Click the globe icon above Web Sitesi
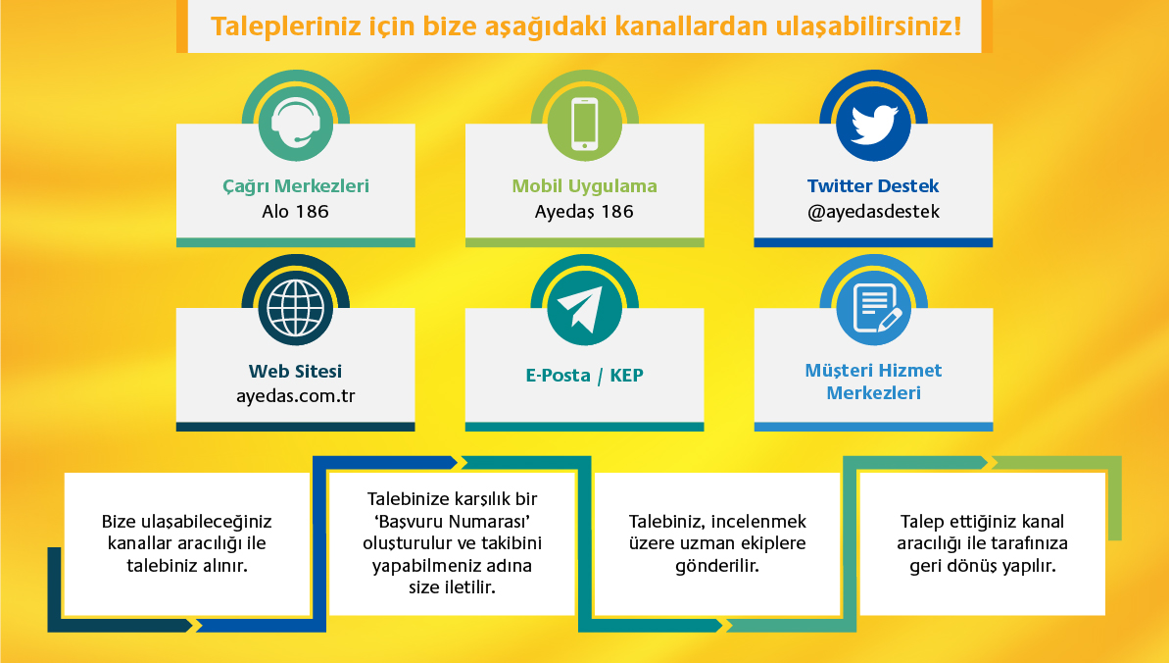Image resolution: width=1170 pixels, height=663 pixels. (x=295, y=308)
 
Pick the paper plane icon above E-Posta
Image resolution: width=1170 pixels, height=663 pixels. (x=584, y=308)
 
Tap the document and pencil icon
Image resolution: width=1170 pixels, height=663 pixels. (x=873, y=308)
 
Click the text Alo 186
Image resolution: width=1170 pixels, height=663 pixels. (x=295, y=211)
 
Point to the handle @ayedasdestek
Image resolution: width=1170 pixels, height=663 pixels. (x=873, y=211)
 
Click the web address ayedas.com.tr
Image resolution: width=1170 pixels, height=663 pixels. (x=295, y=395)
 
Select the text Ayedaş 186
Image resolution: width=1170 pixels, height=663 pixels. (x=584, y=211)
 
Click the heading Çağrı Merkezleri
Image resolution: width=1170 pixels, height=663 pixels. (x=295, y=186)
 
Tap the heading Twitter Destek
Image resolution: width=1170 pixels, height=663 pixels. (x=873, y=186)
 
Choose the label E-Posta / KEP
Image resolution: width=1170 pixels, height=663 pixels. (x=584, y=375)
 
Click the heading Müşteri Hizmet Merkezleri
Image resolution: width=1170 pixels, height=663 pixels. (x=873, y=382)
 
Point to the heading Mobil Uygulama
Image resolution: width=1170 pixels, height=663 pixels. (x=584, y=186)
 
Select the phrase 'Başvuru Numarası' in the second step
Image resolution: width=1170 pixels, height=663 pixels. (x=453, y=521)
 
